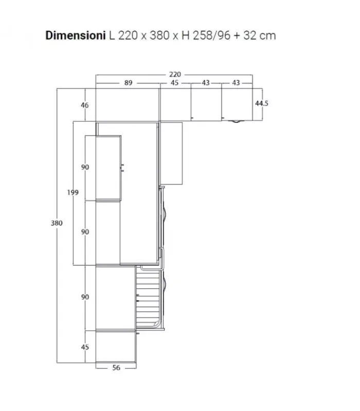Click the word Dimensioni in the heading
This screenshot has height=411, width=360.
point(75,35)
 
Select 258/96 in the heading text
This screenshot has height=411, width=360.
point(211,35)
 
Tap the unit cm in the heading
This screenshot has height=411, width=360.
point(267,36)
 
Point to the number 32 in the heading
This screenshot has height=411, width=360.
point(249,35)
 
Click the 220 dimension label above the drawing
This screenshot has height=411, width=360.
point(175,74)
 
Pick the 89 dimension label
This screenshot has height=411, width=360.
point(128,83)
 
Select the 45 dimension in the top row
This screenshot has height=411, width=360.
point(174,83)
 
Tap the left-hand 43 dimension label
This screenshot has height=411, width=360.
point(206,83)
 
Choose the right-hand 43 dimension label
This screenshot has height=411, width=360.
point(236,83)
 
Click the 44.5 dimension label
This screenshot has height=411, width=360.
point(262,103)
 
